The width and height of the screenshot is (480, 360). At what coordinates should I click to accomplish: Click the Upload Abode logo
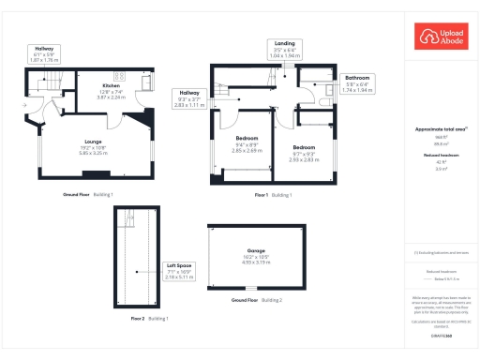coord(440,37)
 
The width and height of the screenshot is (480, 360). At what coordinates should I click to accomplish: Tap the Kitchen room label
coord(111,90)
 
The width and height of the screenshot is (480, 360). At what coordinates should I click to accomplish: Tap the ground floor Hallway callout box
coord(44,53)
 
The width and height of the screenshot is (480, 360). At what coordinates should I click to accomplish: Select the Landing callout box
coord(283,49)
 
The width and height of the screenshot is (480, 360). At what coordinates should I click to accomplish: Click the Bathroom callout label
coord(358,83)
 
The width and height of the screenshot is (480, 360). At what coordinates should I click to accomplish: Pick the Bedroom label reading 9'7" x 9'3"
coord(304,154)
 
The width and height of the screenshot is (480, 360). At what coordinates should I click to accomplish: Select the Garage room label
coord(256,257)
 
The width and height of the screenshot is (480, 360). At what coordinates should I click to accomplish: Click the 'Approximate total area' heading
coord(441,129)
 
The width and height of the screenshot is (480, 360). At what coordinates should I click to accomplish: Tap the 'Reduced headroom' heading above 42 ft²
coord(441,157)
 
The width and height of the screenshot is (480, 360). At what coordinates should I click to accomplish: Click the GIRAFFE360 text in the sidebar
coord(441,335)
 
